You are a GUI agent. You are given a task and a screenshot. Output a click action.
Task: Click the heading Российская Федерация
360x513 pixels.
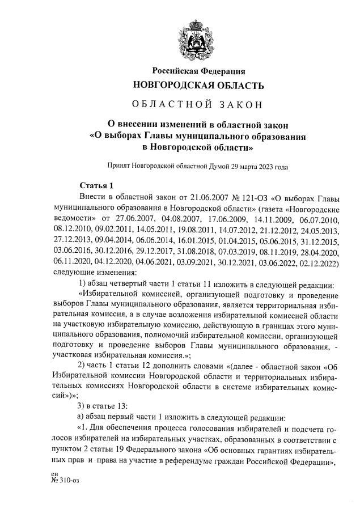pos(198,71)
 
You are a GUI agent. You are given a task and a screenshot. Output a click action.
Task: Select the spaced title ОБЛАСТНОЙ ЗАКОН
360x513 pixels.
pos(198,105)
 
